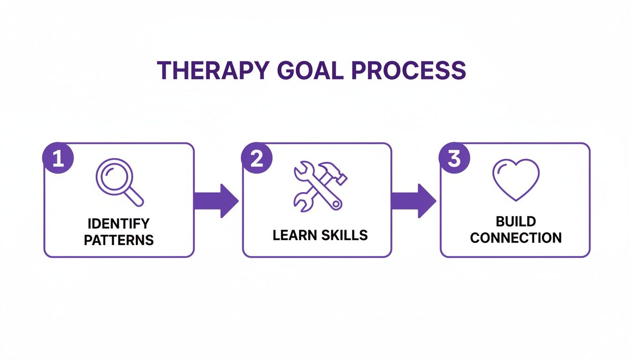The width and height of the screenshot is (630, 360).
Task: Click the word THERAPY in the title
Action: click(x=213, y=70)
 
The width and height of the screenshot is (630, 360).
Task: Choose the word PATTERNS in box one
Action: click(x=119, y=240)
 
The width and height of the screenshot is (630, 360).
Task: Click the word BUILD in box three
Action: click(x=516, y=221)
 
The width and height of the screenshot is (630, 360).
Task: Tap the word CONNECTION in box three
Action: click(x=516, y=238)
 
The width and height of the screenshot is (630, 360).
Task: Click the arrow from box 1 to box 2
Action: click(x=217, y=201)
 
